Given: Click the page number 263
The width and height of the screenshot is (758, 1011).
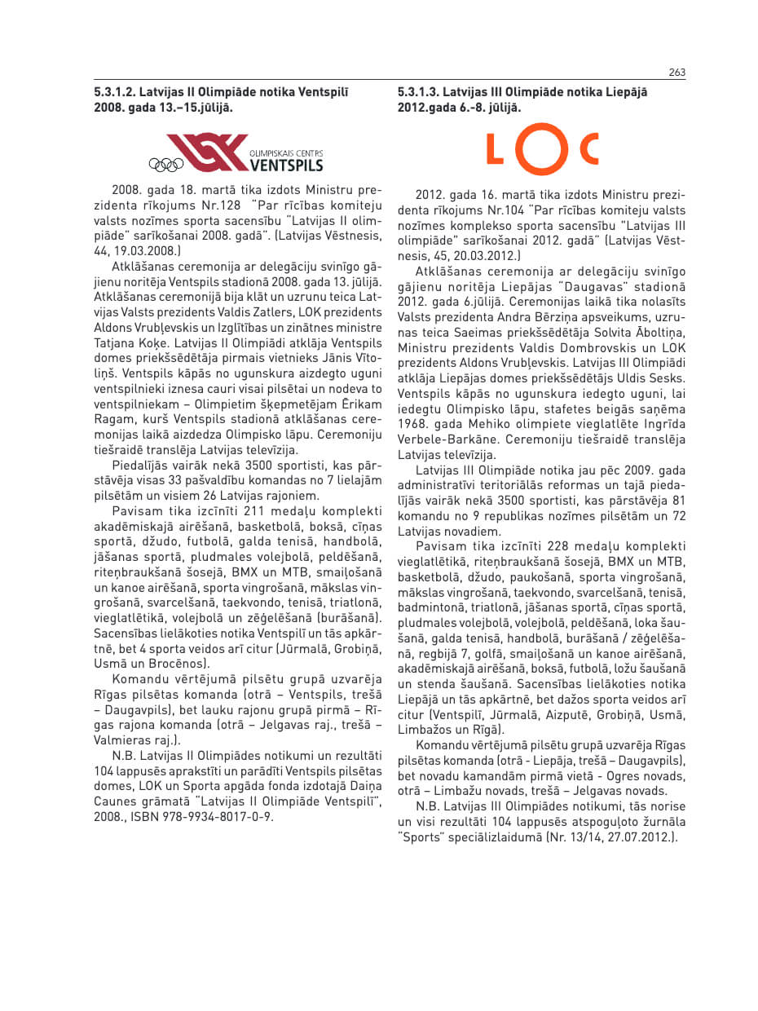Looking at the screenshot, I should point(676,73).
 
